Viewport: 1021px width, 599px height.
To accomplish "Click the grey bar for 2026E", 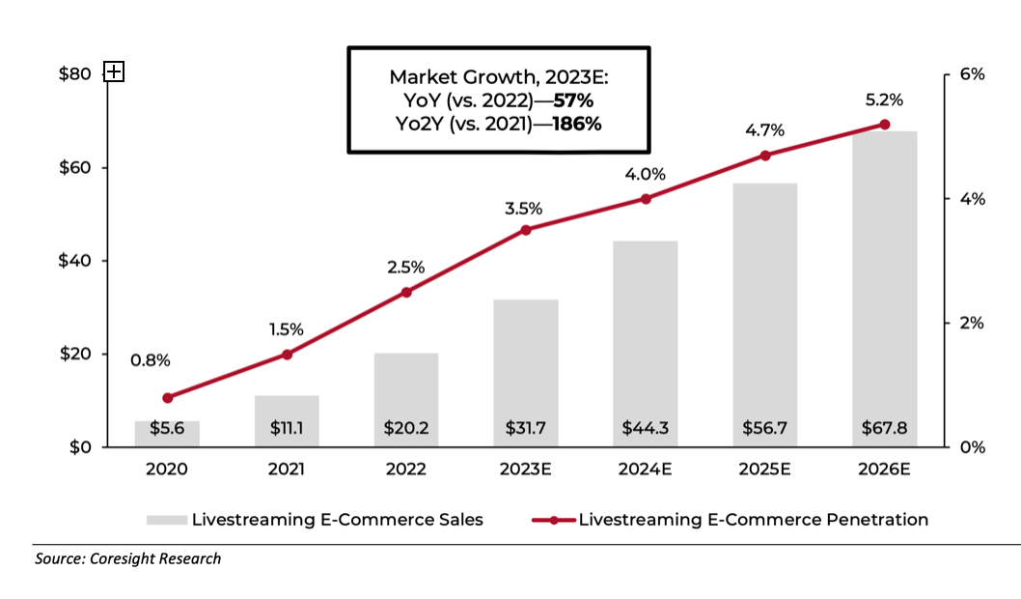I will (885, 290).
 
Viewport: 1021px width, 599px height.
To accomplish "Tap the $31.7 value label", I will (526, 428).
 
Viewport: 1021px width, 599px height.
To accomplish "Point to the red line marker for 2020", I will (168, 397).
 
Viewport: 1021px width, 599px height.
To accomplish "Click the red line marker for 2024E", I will (646, 199).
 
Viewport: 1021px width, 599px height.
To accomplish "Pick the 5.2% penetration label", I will (885, 100).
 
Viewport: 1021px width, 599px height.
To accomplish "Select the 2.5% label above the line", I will (406, 268).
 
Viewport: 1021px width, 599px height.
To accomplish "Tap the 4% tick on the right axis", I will (970, 199).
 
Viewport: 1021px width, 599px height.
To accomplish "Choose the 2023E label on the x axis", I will (526, 470).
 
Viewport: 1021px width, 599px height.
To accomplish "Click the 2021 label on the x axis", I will (287, 470).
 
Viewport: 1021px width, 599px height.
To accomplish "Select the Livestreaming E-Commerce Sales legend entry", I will (315, 520).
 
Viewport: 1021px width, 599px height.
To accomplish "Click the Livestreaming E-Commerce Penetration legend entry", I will (730, 520).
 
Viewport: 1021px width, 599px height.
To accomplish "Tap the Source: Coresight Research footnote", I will (128, 558).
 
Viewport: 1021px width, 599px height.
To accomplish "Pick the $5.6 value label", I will (167, 428).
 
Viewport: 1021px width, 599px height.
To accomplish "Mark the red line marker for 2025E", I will (765, 156).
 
